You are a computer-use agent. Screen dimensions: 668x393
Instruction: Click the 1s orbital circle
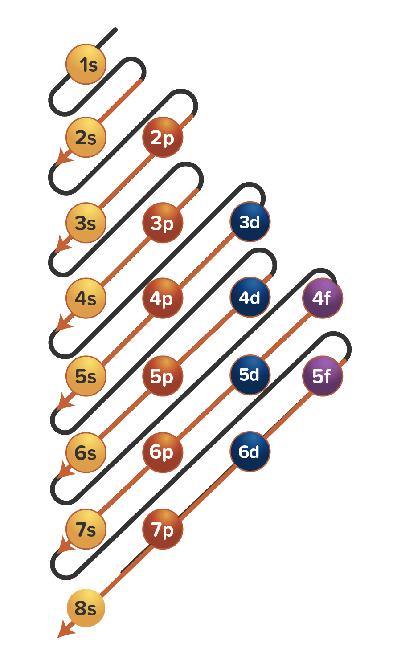tap(86, 65)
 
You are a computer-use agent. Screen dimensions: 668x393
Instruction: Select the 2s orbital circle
tap(86, 138)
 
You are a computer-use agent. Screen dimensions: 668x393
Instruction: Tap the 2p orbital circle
tap(163, 138)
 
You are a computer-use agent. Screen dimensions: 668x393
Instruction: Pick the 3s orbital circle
tap(86, 223)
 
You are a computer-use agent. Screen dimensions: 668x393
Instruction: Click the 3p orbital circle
tap(163, 223)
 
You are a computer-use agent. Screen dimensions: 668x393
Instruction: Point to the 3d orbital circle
tap(250, 222)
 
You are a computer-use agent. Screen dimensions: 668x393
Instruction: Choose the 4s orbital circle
tap(86, 298)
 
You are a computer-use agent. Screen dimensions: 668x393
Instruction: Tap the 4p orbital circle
tap(163, 298)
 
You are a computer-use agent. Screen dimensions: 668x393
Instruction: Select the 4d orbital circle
tap(250, 297)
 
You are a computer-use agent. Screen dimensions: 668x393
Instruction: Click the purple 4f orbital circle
tap(323, 298)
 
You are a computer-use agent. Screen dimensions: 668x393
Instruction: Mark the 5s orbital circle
tap(86, 376)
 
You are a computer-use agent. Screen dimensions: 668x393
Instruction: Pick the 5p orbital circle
tap(163, 376)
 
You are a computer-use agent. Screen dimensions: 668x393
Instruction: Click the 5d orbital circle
tap(250, 375)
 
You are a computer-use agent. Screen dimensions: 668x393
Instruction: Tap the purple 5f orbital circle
tap(323, 376)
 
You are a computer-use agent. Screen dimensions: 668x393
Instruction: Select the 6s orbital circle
tap(86, 453)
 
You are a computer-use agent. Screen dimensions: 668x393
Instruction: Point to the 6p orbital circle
tap(163, 452)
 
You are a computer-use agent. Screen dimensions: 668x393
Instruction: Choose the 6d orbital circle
tap(250, 452)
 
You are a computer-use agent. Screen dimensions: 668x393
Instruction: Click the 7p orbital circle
tap(163, 530)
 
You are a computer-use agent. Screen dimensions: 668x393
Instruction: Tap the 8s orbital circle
tap(86, 608)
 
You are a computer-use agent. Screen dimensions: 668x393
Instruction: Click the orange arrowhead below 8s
tap(64, 632)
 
